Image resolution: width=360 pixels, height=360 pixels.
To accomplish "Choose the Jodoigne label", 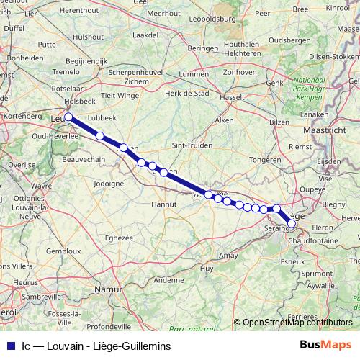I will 109,183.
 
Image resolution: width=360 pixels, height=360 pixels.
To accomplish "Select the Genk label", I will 275,83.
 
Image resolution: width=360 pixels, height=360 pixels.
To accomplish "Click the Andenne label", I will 169,280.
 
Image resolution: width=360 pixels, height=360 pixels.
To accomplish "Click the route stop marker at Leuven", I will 68,117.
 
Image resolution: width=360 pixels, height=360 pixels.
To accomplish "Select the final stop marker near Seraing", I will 292,224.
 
